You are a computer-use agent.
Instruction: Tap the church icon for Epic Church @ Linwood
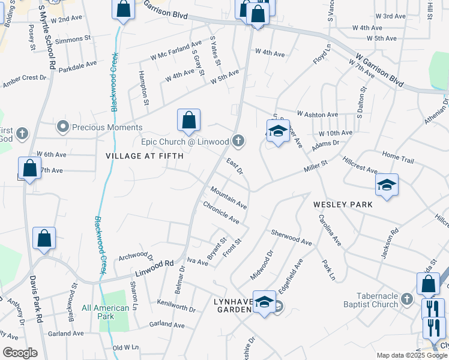click(x=238, y=141)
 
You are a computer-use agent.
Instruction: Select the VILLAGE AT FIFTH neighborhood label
click(x=145, y=156)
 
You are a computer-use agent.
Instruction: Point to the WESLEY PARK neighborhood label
click(x=343, y=205)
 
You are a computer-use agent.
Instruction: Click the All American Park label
click(x=106, y=312)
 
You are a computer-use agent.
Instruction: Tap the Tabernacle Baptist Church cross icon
click(x=408, y=298)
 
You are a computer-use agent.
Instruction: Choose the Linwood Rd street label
click(x=157, y=263)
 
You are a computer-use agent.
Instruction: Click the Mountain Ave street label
click(x=228, y=197)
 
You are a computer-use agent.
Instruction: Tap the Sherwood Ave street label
click(x=292, y=238)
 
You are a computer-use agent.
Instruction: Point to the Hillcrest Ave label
click(x=360, y=165)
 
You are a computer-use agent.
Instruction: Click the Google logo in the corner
click(x=19, y=353)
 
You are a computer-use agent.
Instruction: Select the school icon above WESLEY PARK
click(x=387, y=185)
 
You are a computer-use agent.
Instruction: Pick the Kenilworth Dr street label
click(x=176, y=305)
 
